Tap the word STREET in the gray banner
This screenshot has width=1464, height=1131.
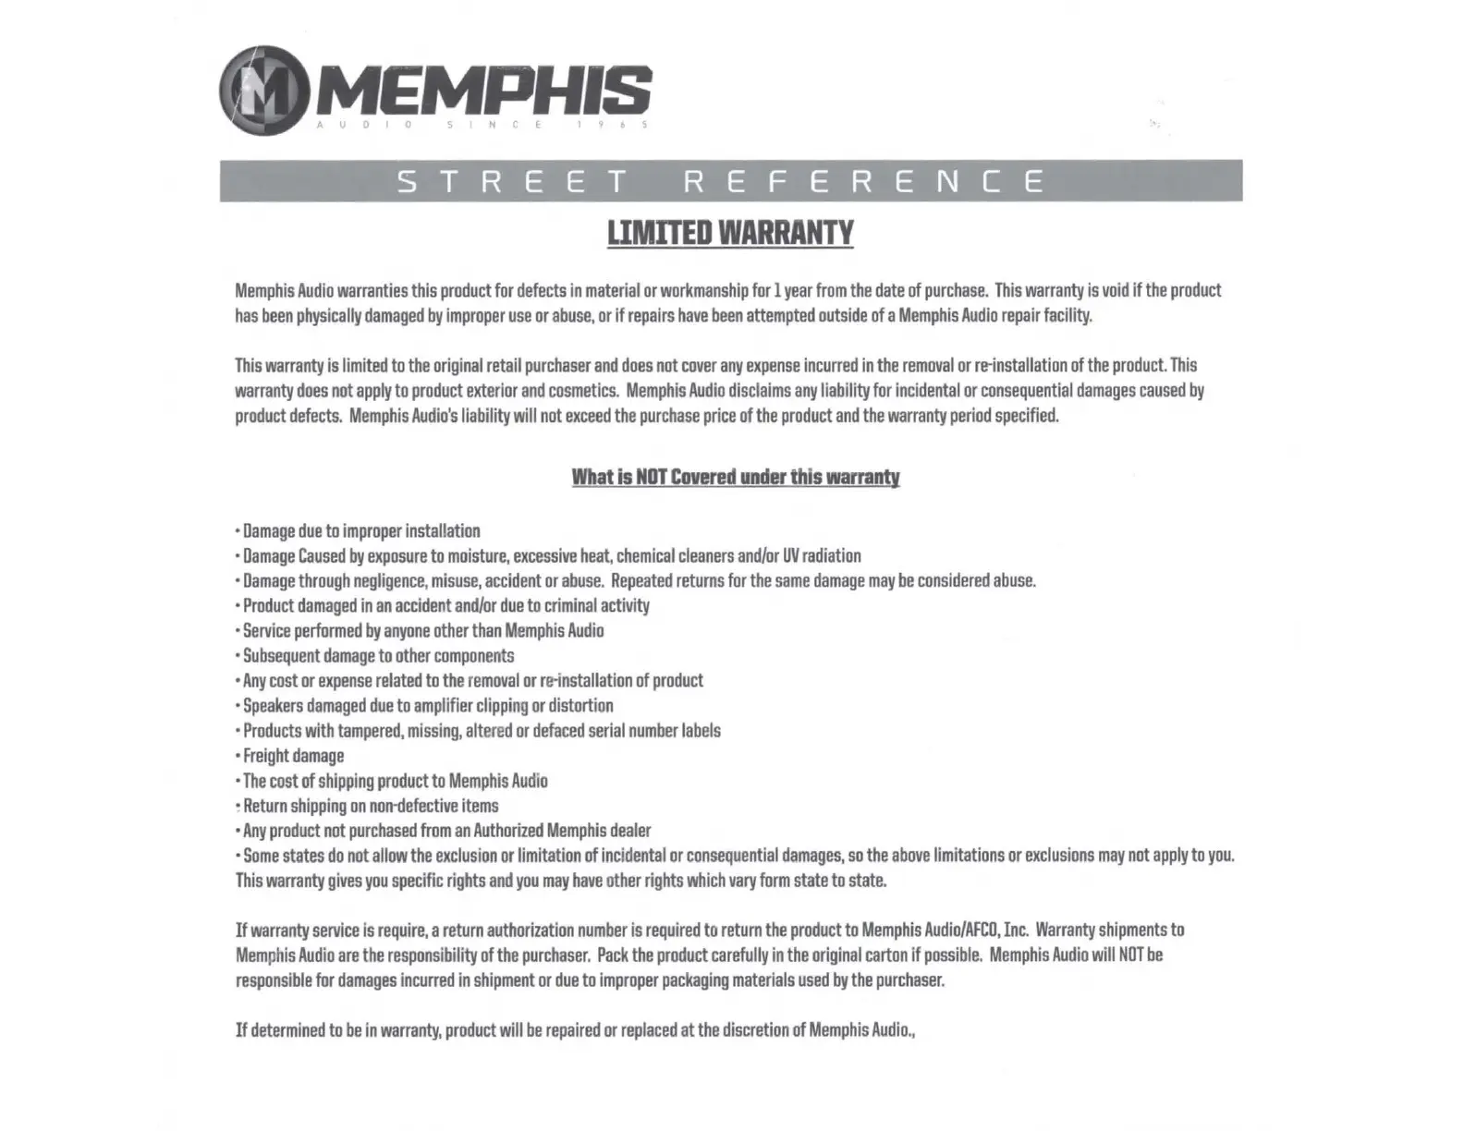[513, 181]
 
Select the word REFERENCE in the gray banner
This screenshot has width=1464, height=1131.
[864, 181]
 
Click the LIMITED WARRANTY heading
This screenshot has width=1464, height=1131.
[730, 233]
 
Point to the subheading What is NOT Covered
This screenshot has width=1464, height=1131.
[735, 477]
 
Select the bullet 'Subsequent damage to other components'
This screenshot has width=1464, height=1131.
[378, 656]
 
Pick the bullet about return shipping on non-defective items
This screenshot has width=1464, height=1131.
[370, 806]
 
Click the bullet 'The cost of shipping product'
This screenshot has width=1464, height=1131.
[395, 781]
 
